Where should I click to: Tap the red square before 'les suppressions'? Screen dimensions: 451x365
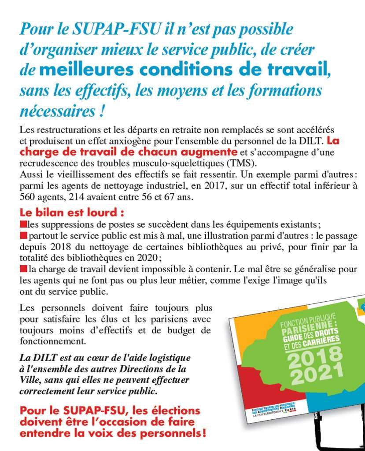point(22,225)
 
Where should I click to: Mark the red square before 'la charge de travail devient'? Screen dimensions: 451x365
point(22,268)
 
